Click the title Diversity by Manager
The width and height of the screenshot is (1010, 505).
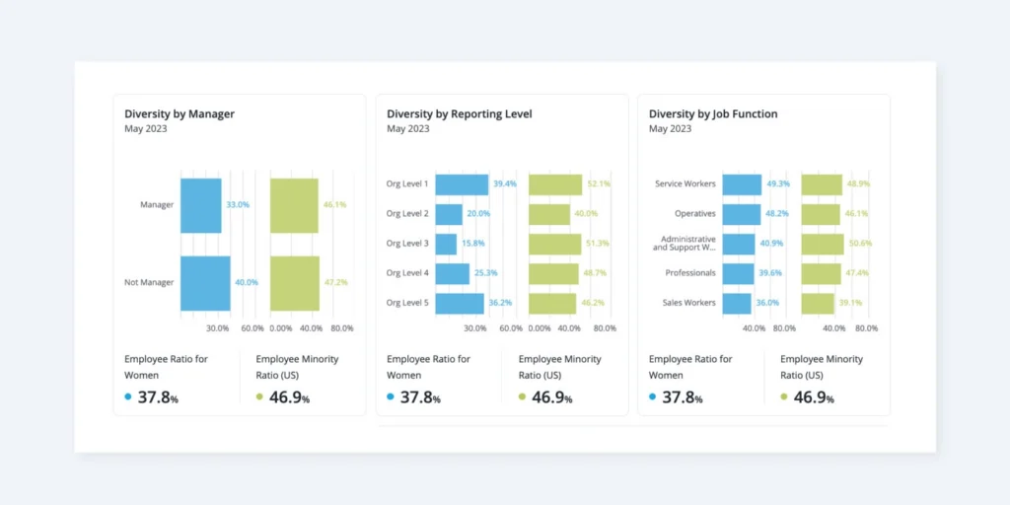(179, 114)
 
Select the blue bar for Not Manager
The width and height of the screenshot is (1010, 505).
(204, 283)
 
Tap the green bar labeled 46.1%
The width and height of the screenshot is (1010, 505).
(294, 205)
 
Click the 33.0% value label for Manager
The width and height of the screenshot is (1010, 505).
(238, 205)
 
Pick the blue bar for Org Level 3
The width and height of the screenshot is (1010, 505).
(446, 244)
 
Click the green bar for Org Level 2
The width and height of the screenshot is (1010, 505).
(549, 214)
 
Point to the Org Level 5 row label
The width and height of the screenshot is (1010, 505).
(407, 303)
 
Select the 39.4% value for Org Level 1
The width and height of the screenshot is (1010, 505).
(505, 184)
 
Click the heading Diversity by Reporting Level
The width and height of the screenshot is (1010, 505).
(459, 114)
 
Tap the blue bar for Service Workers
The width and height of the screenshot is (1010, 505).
(742, 184)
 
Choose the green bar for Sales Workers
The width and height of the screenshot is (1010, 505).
(817, 303)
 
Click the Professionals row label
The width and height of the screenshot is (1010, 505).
(690, 273)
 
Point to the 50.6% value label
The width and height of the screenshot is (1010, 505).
(860, 244)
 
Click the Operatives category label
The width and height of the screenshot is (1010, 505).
(695, 214)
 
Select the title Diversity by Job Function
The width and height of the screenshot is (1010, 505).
(712, 114)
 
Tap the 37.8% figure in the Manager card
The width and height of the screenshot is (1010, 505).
(158, 398)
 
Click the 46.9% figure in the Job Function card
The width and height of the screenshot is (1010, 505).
(814, 398)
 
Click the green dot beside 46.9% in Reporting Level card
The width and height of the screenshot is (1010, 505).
(522, 397)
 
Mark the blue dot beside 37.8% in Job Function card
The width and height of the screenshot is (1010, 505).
(653, 397)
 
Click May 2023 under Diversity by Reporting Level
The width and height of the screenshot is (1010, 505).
(407, 129)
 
